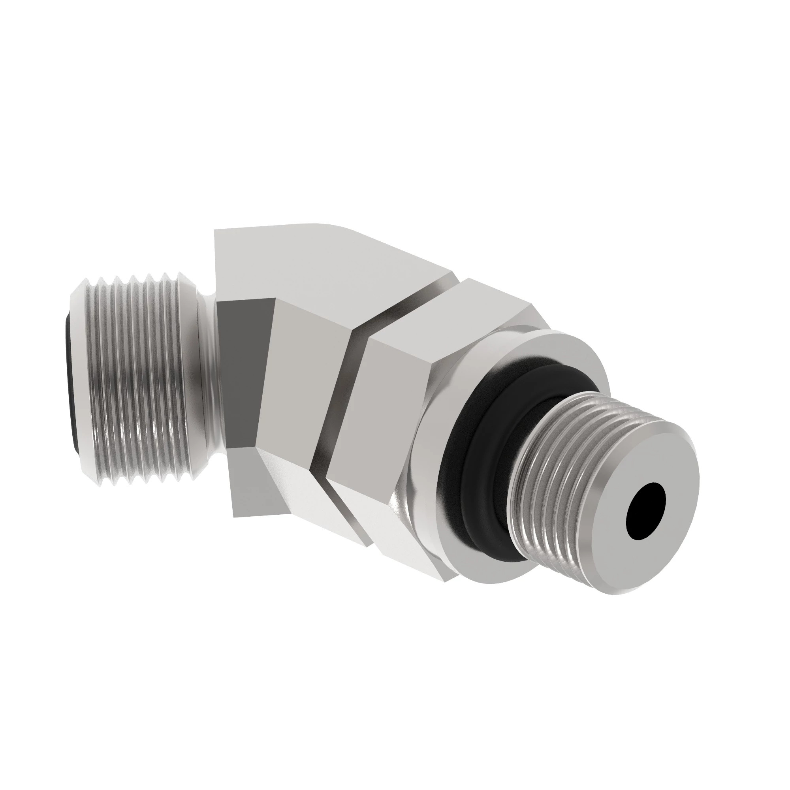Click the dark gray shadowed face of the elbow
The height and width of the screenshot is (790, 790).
point(241,368)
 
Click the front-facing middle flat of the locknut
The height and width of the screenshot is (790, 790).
point(376,409)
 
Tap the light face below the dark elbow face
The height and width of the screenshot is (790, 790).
point(245,478)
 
